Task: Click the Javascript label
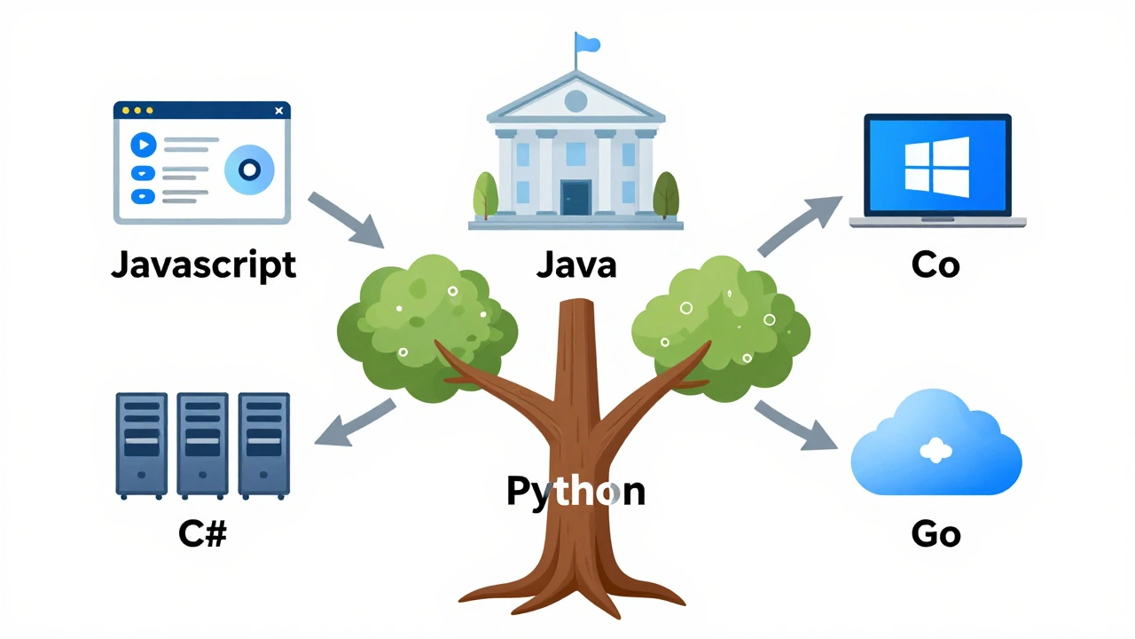pos(203,265)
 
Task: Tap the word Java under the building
pos(575,264)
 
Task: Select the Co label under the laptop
pos(935,264)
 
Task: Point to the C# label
pos(202,533)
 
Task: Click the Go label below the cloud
pos(935,534)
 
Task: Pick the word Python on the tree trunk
pos(575,491)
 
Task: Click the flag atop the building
pos(586,43)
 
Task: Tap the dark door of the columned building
pos(576,197)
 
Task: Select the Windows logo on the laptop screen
pos(936,166)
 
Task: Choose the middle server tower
pos(202,444)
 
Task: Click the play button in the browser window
pos(143,144)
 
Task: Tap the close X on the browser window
pos(279,111)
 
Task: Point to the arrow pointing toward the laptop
pos(797,226)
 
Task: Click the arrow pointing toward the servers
pos(355,422)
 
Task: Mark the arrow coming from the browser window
pos(346,218)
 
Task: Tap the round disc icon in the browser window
pos(249,169)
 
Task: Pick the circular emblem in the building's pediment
pos(575,100)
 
